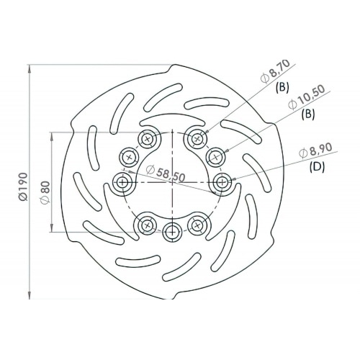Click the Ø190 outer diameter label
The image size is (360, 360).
coord(22,183)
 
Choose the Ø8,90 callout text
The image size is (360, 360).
coord(315,151)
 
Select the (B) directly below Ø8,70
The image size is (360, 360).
coord(282,87)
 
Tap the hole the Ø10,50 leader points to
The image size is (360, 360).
coord(215,155)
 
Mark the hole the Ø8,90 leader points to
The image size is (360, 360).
coord(222,181)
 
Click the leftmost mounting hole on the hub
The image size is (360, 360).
coord(121,181)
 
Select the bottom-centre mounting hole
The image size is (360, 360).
coord(171,230)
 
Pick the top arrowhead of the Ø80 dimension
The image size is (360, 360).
coord(52,135)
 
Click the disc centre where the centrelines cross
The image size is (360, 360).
coord(171,181)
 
